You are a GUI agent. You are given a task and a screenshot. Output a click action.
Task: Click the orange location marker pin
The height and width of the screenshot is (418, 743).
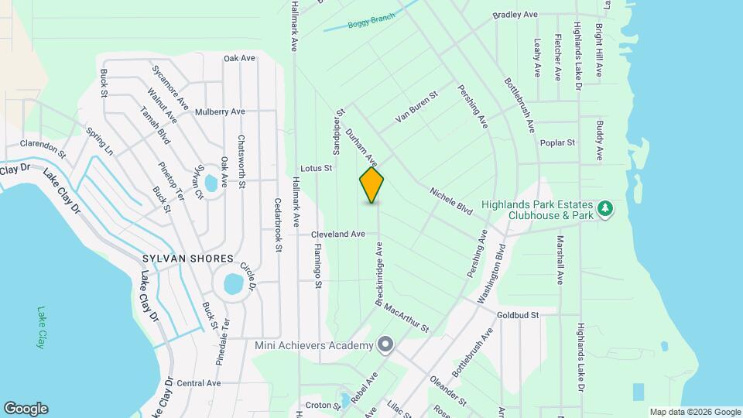(371, 185)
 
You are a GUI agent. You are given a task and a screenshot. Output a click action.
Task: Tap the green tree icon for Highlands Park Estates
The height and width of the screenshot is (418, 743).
(606, 208)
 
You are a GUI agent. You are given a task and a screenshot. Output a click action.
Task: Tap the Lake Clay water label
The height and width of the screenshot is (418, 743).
(41, 327)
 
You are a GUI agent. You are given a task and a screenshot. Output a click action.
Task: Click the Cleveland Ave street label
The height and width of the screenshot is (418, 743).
(337, 234)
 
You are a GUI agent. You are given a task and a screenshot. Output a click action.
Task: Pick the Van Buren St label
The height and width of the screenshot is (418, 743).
(416, 107)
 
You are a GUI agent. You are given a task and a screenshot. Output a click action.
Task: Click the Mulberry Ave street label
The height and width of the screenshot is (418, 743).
(220, 111)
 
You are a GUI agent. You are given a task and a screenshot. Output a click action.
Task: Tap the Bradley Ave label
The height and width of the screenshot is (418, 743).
(515, 15)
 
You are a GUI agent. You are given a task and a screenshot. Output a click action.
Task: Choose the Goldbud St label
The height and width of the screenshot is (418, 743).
(517, 315)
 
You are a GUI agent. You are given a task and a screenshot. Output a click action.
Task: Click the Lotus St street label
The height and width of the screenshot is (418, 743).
(316, 167)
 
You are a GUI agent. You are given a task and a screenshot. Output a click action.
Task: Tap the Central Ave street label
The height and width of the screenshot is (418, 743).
(199, 383)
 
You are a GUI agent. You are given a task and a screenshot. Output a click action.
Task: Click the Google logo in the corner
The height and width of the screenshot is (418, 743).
(26, 409)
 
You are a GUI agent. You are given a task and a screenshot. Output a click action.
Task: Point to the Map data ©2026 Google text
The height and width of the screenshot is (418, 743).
(695, 412)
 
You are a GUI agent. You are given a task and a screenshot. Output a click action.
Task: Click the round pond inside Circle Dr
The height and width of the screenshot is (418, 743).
(233, 284)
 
